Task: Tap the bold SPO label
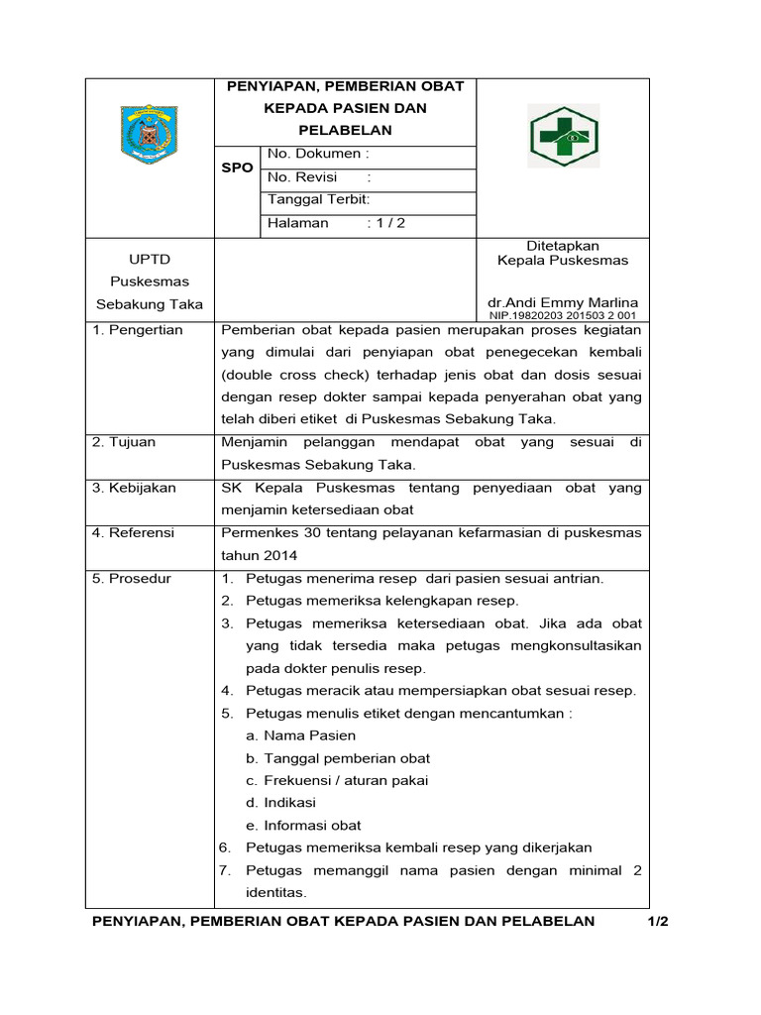tap(237, 169)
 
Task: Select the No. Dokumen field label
tap(318, 155)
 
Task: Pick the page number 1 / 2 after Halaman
tap(386, 223)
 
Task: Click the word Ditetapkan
tap(562, 246)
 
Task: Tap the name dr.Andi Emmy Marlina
tap(562, 302)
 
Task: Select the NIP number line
tap(561, 315)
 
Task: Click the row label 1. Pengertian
tap(138, 330)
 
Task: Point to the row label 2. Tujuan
tap(124, 442)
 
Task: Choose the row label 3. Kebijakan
tap(134, 488)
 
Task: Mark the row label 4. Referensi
tap(133, 533)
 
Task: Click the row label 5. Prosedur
tap(132, 579)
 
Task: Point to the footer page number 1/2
tap(659, 922)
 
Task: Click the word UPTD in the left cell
tap(149, 260)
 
